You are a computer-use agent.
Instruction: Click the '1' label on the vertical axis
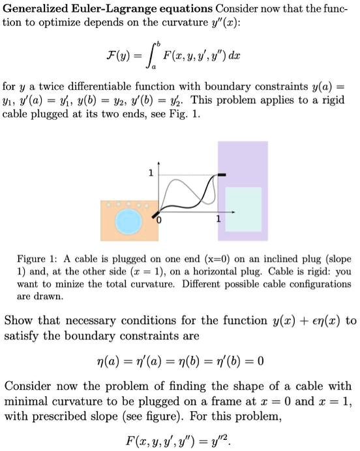pyautogui.click(x=151, y=173)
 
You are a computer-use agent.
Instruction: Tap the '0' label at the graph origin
pyautogui.click(x=157, y=223)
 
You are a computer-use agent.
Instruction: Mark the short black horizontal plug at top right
pyautogui.click(x=222, y=174)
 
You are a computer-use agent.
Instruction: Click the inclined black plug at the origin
pyautogui.click(x=157, y=211)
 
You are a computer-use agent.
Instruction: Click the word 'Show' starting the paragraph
pyautogui.click(x=18, y=321)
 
